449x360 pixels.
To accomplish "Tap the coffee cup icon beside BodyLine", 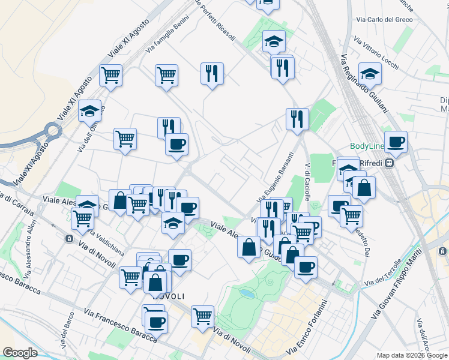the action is click(x=396, y=142).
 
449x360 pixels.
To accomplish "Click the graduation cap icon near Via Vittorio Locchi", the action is click(x=370, y=74).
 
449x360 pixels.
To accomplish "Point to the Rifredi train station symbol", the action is click(x=390, y=163).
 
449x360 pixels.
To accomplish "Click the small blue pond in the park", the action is click(x=246, y=293).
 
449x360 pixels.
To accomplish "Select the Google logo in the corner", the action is click(x=20, y=353).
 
